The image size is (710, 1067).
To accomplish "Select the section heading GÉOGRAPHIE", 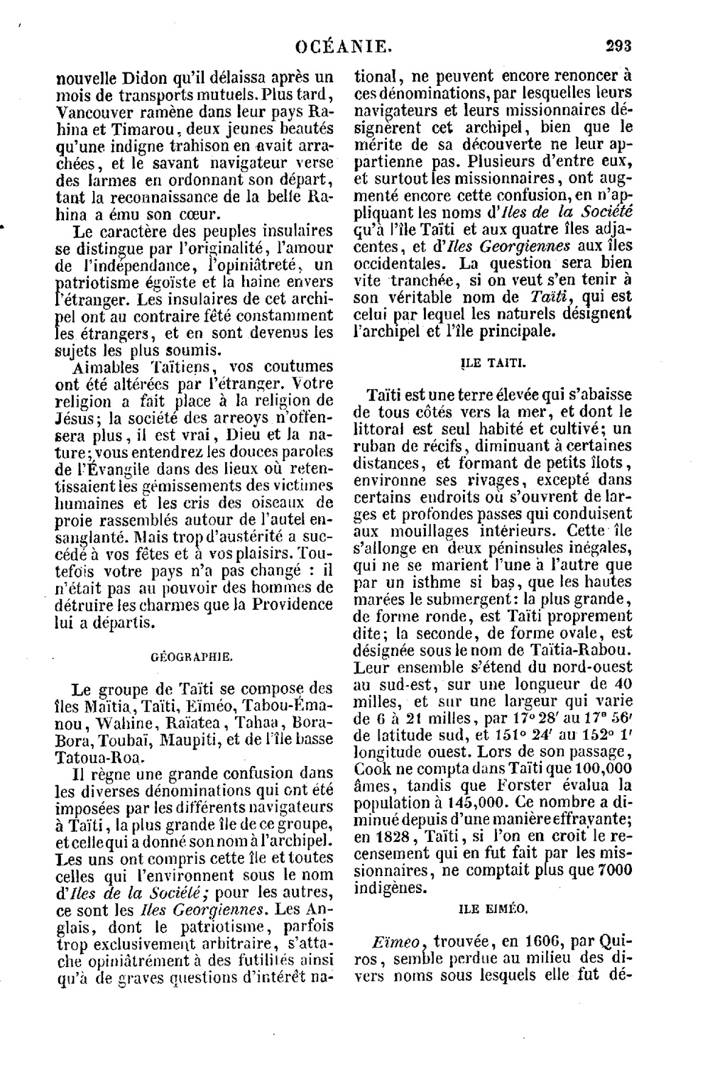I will tap(192, 657).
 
